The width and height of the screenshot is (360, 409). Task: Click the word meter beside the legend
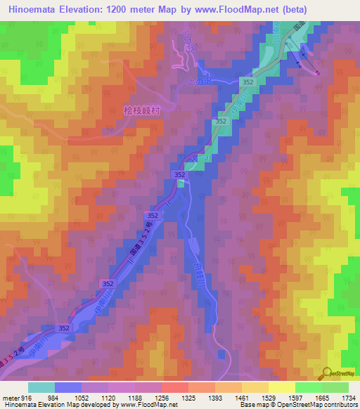(x=8, y=397)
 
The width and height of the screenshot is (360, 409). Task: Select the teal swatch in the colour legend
(x=41, y=387)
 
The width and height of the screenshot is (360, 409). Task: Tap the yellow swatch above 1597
(x=282, y=387)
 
